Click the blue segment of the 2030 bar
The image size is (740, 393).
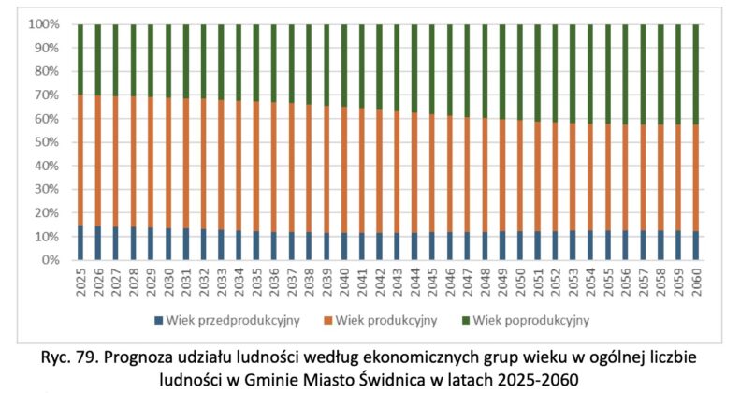[168, 244]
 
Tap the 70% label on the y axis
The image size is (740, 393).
[46, 95]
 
